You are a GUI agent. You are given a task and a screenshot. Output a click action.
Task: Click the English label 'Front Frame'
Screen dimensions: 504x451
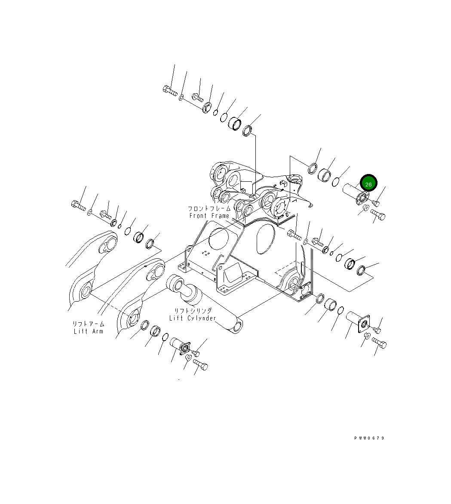pyautogui.click(x=209, y=216)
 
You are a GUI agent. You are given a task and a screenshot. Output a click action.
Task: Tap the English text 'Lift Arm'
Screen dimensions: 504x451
pyautogui.click(x=88, y=331)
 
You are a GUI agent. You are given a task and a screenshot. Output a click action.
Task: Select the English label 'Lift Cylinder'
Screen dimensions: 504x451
pyautogui.click(x=192, y=318)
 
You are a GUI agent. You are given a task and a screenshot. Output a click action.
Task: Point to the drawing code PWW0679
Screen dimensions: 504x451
pyautogui.click(x=369, y=438)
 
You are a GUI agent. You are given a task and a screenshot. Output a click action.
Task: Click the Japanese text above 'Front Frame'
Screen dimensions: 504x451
pyautogui.click(x=209, y=208)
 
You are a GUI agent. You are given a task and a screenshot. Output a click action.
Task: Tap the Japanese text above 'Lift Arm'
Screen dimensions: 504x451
pyautogui.click(x=88, y=324)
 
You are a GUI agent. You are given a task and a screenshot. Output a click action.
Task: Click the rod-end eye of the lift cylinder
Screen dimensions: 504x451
pyautogui.click(x=236, y=326)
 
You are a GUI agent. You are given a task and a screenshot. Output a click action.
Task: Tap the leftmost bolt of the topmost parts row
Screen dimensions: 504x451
pyautogui.click(x=170, y=90)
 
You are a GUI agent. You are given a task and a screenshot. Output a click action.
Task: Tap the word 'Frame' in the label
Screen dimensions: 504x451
pyautogui.click(x=221, y=216)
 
